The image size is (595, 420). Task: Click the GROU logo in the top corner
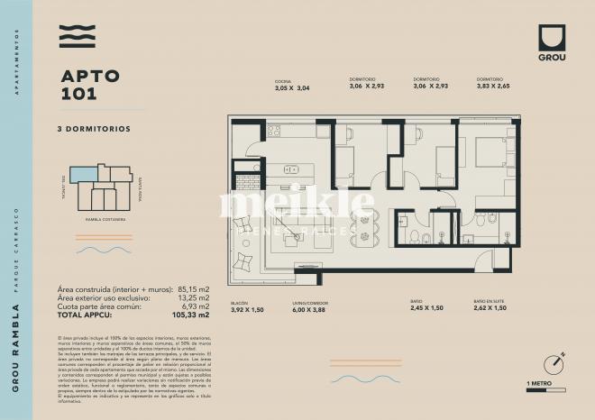pyautogui.click(x=551, y=41)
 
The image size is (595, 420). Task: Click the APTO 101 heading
pyautogui.click(x=89, y=85)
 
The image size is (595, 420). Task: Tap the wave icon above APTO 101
pyautogui.click(x=77, y=37)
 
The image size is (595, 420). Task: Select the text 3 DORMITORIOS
pyautogui.click(x=94, y=129)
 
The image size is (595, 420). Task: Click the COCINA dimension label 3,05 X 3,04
pyautogui.click(x=292, y=88)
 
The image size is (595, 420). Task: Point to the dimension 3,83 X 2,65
pyautogui.click(x=493, y=87)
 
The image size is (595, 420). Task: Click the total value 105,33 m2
pyautogui.click(x=191, y=316)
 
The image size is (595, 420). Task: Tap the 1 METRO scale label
pyautogui.click(x=540, y=385)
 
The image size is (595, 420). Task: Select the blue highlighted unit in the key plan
pyautogui.click(x=83, y=174)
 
